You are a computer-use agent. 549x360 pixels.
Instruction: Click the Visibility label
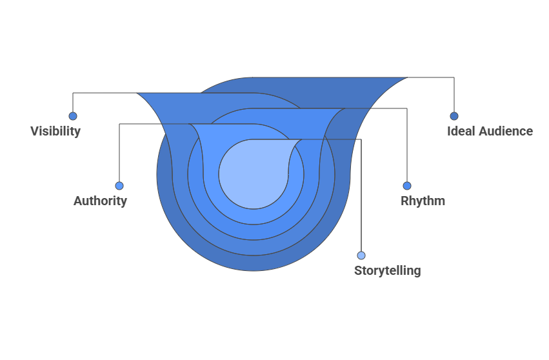point(55,131)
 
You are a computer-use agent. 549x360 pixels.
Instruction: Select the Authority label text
point(100,201)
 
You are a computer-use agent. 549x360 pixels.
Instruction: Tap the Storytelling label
point(387,270)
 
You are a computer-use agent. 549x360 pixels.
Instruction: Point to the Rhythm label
point(423,201)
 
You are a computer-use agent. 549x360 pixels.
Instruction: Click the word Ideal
point(461,131)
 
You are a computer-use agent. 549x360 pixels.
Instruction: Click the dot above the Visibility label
point(73,116)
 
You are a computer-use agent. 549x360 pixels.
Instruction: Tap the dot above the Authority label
point(119,186)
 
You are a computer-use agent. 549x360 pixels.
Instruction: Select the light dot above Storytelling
point(361,255)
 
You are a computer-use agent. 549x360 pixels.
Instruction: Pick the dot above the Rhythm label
point(407,186)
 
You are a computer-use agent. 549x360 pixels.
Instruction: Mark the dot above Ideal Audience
point(454,116)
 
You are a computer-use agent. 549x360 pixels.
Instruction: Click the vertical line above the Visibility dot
point(73,103)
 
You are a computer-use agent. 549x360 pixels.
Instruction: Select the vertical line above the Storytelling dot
point(361,194)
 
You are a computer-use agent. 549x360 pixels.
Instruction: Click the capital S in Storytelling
point(358,270)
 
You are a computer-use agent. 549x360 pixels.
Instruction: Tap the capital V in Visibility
point(34,131)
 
